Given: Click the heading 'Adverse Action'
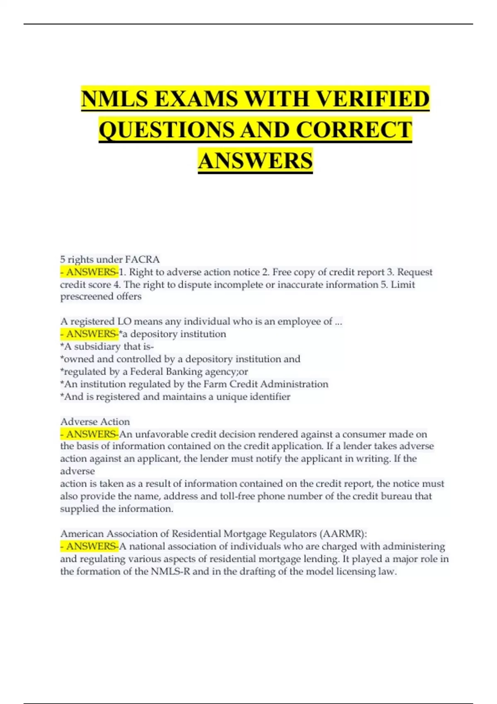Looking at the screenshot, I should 95,422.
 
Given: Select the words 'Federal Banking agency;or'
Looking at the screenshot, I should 189,371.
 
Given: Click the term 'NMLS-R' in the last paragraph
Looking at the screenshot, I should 171,571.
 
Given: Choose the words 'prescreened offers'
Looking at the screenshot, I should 101,297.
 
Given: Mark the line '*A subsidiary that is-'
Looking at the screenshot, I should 107,346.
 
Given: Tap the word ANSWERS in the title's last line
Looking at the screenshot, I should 255,161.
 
